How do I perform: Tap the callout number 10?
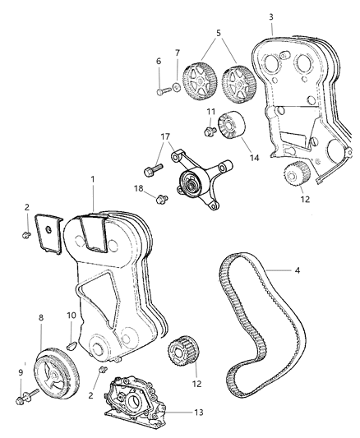[71, 316]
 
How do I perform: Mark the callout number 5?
[217, 35]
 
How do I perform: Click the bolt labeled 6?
[161, 90]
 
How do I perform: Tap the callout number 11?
[211, 112]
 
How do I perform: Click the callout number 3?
[271, 16]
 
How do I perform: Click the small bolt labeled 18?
[160, 197]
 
